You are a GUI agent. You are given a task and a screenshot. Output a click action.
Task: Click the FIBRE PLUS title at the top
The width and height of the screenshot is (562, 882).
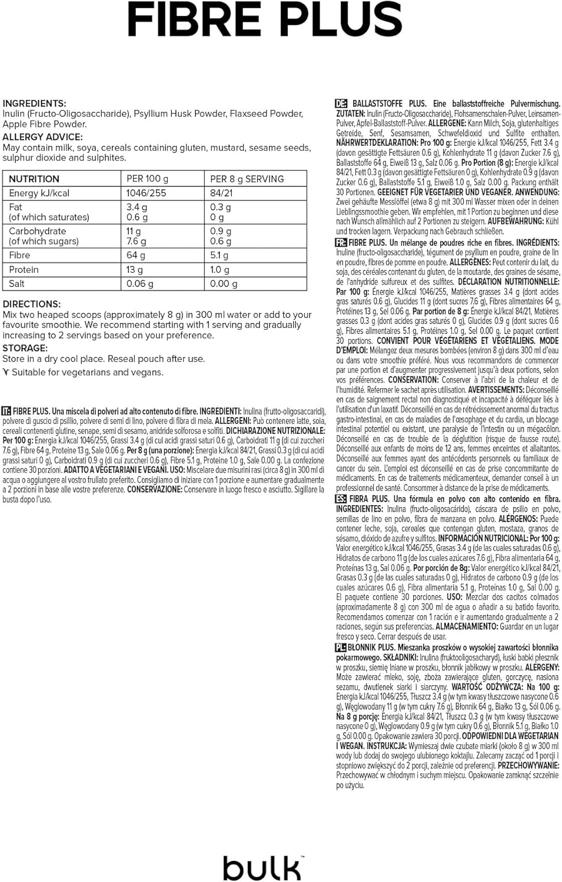(x=264, y=20)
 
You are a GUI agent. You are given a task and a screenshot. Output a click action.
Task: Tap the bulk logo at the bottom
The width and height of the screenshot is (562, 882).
(x=262, y=868)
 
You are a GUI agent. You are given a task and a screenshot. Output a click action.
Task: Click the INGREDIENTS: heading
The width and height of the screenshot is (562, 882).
(x=35, y=103)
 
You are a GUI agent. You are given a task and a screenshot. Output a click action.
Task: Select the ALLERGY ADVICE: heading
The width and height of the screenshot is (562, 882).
(x=42, y=137)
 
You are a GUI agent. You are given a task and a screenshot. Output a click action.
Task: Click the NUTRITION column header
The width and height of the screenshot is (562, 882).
(x=34, y=179)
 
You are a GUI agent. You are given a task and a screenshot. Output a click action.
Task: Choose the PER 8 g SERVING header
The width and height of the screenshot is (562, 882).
(x=247, y=179)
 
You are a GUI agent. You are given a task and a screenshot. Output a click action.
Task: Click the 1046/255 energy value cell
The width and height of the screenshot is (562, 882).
(x=146, y=193)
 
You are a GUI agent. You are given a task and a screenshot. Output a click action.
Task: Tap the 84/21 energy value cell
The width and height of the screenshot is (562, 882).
(x=221, y=193)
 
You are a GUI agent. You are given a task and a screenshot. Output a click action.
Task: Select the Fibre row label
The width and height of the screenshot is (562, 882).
(x=19, y=255)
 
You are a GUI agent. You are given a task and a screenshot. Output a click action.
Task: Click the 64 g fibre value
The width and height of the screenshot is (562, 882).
(x=135, y=255)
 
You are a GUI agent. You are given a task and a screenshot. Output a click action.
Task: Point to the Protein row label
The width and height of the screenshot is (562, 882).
(x=24, y=269)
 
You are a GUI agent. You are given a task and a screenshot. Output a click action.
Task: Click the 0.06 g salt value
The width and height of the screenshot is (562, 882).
(x=139, y=283)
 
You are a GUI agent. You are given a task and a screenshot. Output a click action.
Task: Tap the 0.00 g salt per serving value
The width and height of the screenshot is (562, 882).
(x=224, y=283)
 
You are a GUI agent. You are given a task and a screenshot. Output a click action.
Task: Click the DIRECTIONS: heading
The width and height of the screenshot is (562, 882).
(x=32, y=304)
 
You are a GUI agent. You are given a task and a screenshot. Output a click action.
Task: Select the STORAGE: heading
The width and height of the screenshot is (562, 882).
(x=25, y=348)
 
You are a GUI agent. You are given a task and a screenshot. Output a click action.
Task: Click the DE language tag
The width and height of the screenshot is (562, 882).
(x=341, y=103)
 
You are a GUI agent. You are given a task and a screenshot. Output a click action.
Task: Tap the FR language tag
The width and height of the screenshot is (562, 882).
(x=340, y=242)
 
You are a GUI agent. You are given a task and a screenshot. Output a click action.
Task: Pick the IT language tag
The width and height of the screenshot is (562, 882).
(x=6, y=411)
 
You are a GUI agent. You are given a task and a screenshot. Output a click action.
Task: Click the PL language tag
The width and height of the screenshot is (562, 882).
(x=340, y=647)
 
